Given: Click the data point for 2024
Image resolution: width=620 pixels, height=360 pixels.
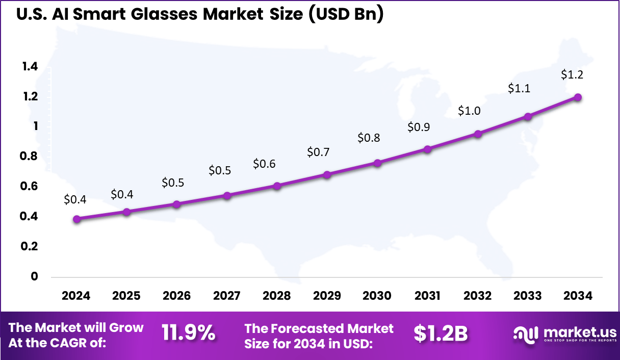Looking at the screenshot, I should [x=76, y=219].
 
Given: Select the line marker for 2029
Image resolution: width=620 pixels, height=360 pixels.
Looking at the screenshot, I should [x=327, y=175].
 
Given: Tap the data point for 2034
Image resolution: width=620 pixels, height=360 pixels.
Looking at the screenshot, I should [x=578, y=97].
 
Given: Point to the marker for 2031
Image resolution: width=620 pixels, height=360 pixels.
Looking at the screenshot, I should [x=427, y=149].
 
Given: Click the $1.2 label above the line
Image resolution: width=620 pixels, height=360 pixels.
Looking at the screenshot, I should [x=572, y=74].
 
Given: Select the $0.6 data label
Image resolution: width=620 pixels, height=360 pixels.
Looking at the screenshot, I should [x=264, y=164].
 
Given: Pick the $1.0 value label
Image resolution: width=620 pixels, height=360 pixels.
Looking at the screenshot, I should [x=469, y=111].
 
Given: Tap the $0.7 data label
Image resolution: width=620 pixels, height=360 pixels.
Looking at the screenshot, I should [x=318, y=152].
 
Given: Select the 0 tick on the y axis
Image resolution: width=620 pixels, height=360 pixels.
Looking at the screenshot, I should [x=35, y=277].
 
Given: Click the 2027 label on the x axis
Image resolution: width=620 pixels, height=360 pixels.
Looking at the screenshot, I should [x=226, y=296].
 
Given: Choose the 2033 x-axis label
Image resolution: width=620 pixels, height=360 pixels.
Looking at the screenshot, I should [x=528, y=296].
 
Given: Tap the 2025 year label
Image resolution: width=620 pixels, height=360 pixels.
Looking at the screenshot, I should [x=126, y=296].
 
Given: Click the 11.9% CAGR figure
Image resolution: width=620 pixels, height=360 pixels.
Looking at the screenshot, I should [x=188, y=333].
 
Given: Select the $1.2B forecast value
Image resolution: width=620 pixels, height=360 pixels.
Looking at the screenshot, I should [x=441, y=333].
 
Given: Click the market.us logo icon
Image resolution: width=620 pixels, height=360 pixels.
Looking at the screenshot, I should [x=525, y=335].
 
